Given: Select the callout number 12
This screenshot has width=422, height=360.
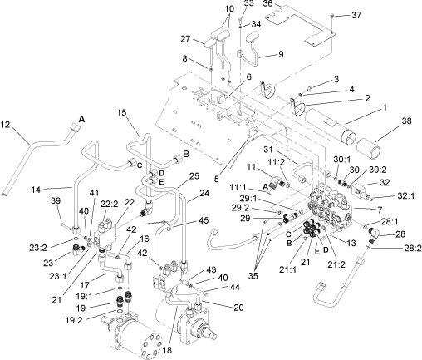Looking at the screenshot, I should coord(6,126).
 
